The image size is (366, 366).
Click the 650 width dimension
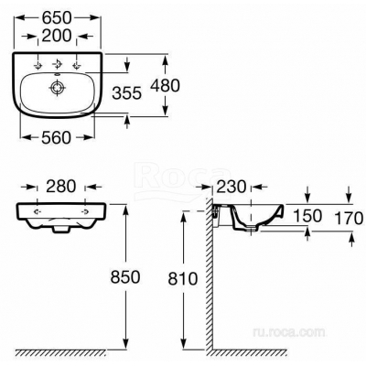coord(57,17)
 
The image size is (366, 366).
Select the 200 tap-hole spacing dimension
coord(57,36)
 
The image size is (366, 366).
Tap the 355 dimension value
coord(127,93)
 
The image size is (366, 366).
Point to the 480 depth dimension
coord(165,86)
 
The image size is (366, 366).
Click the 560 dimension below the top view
coord(57,137)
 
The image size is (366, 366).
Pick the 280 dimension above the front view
coord(61,187)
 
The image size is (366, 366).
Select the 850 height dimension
coord(125,277)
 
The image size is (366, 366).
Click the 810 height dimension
coord(183,279)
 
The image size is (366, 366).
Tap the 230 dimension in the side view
coord(231,187)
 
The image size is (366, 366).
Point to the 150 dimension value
coord(307,216)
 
